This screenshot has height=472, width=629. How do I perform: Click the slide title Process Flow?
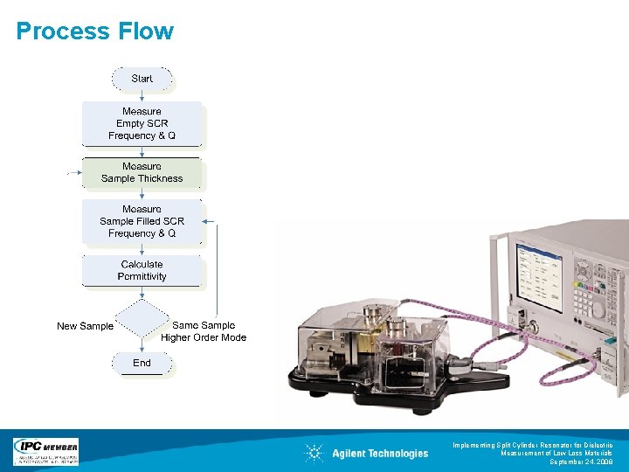(95, 31)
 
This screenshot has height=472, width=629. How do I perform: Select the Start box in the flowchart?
(142, 79)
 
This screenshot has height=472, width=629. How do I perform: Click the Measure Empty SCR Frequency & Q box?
(142, 123)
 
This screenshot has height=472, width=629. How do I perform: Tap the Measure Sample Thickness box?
(142, 172)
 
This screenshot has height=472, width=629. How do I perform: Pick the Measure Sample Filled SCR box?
(142, 221)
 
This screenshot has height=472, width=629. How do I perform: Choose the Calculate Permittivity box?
(142, 270)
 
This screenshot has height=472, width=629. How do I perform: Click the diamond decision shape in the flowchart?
(142, 320)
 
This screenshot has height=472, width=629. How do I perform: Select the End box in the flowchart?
(142, 363)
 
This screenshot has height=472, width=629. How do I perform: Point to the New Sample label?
(85, 326)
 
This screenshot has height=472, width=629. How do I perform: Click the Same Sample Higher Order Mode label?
(204, 331)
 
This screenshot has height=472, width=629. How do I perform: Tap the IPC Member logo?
(45, 451)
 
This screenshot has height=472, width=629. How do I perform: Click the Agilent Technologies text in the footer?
(380, 453)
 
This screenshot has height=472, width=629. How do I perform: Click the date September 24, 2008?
(581, 462)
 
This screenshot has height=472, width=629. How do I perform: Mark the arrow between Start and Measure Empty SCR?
(142, 95)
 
